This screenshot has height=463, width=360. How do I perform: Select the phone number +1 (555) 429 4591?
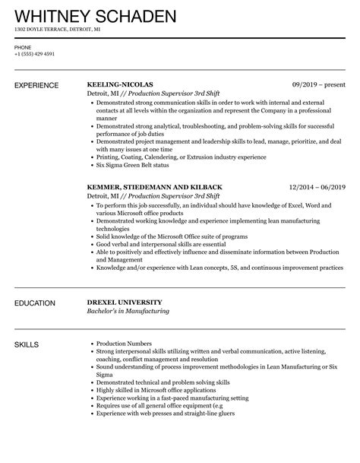tap(34, 53)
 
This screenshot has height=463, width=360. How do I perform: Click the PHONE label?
tap(22, 46)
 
